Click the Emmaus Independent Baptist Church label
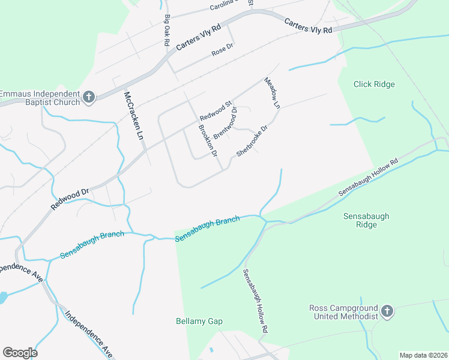tap(40, 98)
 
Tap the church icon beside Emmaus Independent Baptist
tap(89, 97)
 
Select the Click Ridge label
tap(374, 85)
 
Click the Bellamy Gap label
tap(199, 322)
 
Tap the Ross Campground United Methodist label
tap(343, 312)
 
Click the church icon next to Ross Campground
tap(387, 311)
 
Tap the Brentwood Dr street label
tap(226, 122)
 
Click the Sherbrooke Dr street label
tap(252, 141)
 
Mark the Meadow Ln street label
tap(273, 92)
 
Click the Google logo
tap(20, 353)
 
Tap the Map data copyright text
tap(423, 355)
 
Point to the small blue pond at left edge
tap(2, 297)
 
